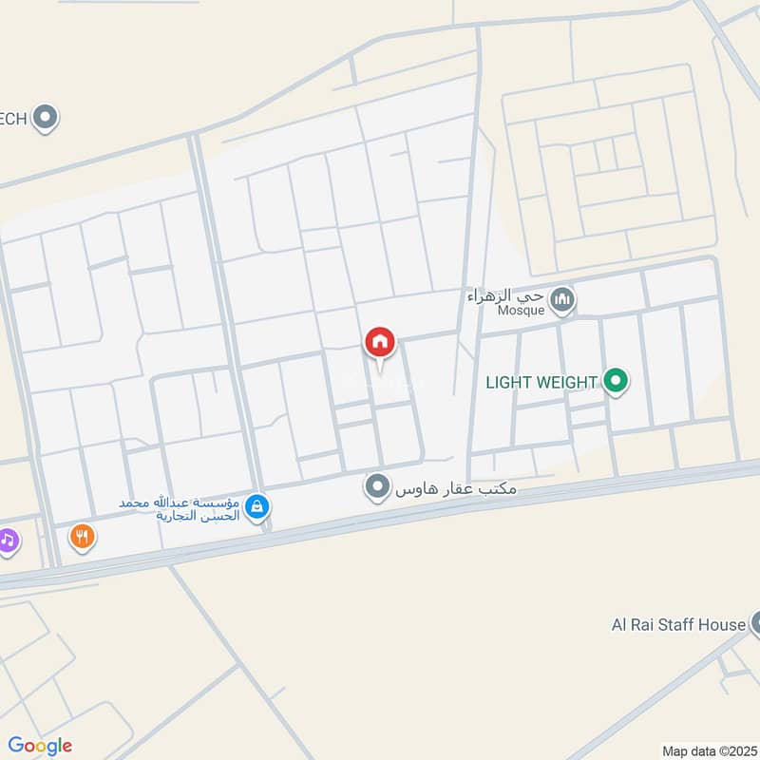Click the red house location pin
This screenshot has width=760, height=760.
point(380,343)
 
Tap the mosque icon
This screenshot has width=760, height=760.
point(563,301)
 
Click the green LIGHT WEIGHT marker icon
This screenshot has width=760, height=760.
point(617,382)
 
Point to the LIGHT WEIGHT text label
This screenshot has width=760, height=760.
point(541,383)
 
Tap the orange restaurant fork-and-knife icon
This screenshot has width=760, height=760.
point(83,538)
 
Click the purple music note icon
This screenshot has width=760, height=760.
point(8,541)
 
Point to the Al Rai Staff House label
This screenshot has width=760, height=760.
point(678,625)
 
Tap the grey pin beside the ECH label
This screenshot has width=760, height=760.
point(45,118)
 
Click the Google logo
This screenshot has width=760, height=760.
point(40,746)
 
